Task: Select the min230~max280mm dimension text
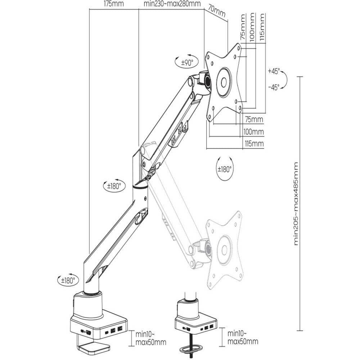coord(172,4)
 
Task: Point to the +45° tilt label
coord(274,71)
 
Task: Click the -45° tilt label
coord(274,87)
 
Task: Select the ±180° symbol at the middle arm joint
coord(114,186)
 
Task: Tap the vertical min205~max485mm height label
coord(296,203)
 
